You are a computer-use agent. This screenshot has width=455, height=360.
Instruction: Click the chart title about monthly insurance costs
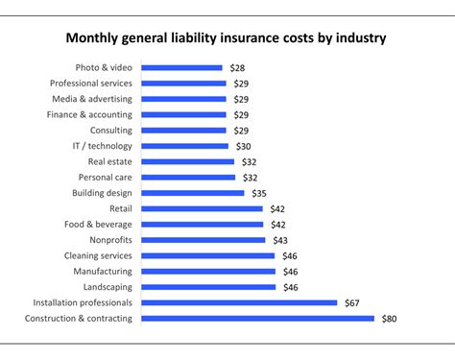point(227,39)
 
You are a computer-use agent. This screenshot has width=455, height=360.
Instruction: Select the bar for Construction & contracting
point(257,318)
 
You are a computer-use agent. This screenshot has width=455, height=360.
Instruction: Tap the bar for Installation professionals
point(239,302)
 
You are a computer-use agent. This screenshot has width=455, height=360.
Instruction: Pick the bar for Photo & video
point(181,68)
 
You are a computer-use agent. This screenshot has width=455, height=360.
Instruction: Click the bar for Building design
point(192,193)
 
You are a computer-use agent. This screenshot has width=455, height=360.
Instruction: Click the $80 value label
point(389,318)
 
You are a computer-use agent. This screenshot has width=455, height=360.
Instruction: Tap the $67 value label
point(351,302)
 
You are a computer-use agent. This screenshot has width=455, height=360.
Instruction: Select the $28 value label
point(236,68)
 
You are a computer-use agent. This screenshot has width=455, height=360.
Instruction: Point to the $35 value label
point(258,193)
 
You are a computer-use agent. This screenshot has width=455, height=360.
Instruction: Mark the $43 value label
point(280,240)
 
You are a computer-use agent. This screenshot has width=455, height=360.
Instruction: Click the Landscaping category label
point(105,286)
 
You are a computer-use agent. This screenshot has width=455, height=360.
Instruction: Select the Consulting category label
point(111,131)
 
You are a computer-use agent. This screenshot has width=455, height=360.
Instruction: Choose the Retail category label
point(118,208)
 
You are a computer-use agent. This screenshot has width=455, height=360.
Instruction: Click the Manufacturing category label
point(100,271)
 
